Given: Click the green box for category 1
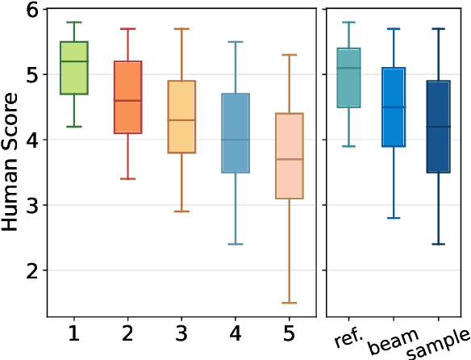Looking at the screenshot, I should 73,68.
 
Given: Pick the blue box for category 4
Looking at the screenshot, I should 235,133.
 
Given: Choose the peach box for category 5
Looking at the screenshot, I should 289,156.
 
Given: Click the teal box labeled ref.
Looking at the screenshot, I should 349,77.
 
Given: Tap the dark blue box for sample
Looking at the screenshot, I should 438,127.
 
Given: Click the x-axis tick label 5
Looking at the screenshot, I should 289,333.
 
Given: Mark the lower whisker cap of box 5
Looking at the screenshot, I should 289,303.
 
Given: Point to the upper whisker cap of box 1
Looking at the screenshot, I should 73,23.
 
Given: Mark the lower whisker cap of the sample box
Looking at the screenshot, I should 438,244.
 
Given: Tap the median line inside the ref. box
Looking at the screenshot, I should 349,68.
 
